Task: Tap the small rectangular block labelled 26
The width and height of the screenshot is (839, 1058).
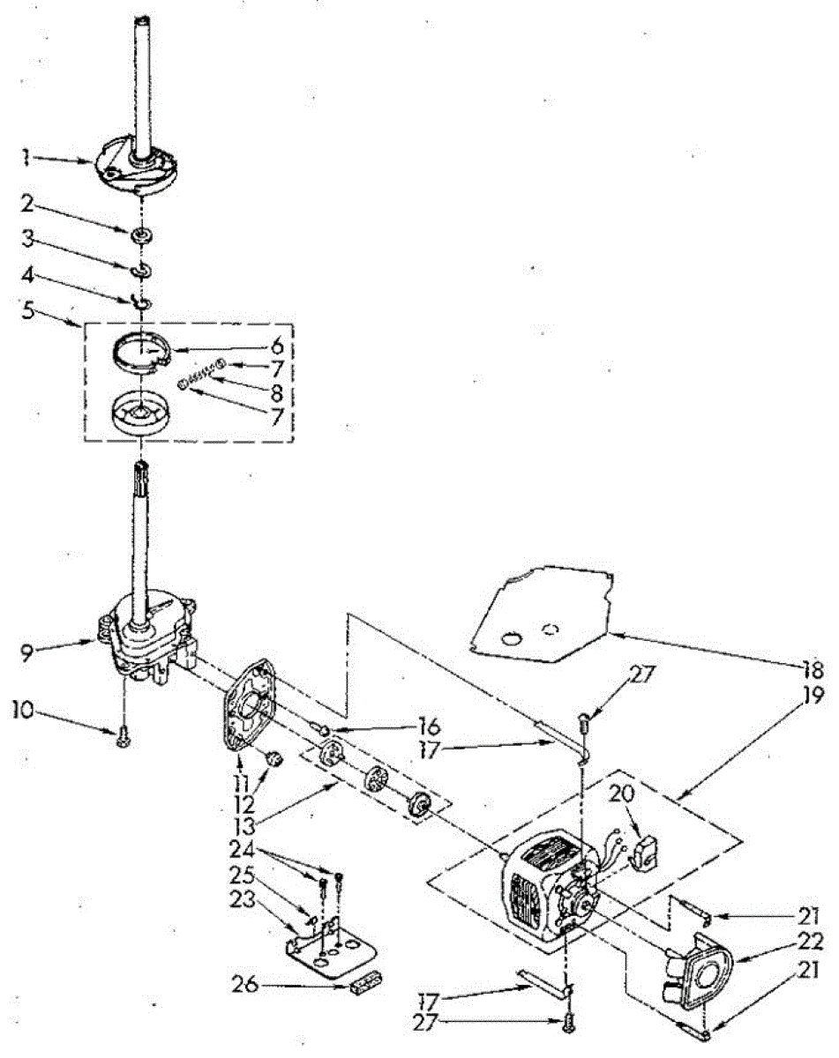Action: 361,985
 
